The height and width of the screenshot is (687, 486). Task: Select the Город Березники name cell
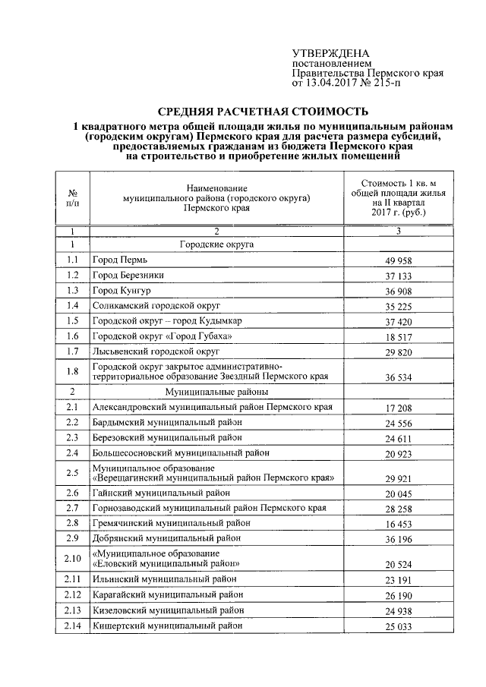point(128,275)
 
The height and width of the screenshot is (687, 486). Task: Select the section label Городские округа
point(216,244)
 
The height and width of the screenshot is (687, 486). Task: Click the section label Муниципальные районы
point(216,392)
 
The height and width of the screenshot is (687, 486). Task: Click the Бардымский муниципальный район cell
point(167,422)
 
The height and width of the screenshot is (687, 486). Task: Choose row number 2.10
point(72,559)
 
